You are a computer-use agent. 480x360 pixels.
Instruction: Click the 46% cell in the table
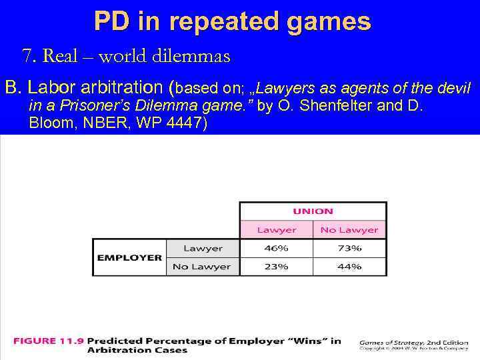[276, 248]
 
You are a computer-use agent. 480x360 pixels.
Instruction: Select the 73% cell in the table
[349, 248]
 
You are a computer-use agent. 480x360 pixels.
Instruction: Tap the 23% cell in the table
[276, 266]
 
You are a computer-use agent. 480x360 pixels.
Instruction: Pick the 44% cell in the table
[349, 266]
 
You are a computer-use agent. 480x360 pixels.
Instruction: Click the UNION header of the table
[313, 211]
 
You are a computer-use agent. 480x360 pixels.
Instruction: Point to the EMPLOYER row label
[129, 257]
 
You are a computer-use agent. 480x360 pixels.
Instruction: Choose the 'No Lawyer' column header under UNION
[349, 230]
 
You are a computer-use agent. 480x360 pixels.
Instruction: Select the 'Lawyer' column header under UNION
[276, 230]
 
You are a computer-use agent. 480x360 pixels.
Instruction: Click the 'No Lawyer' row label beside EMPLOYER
[201, 266]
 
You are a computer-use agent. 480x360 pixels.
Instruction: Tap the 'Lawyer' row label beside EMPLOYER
[203, 248]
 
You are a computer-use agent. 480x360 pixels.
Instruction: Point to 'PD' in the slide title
[112, 22]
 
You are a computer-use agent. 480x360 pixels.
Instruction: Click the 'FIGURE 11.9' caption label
[48, 341]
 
